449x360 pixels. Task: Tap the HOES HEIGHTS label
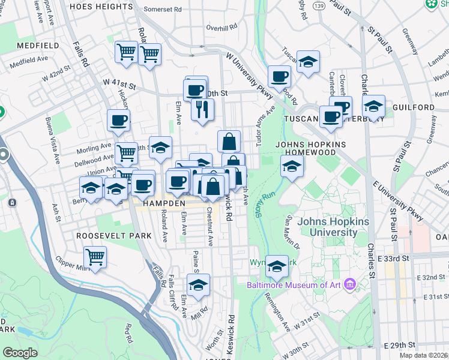click(x=101, y=6)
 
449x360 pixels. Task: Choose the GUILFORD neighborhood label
click(x=414, y=107)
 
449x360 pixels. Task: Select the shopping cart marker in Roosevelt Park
click(x=95, y=257)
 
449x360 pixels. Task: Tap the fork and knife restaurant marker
click(x=202, y=109)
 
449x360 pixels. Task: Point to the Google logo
click(x=20, y=353)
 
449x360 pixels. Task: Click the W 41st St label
click(x=119, y=83)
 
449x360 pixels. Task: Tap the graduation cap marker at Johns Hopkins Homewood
click(x=291, y=165)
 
